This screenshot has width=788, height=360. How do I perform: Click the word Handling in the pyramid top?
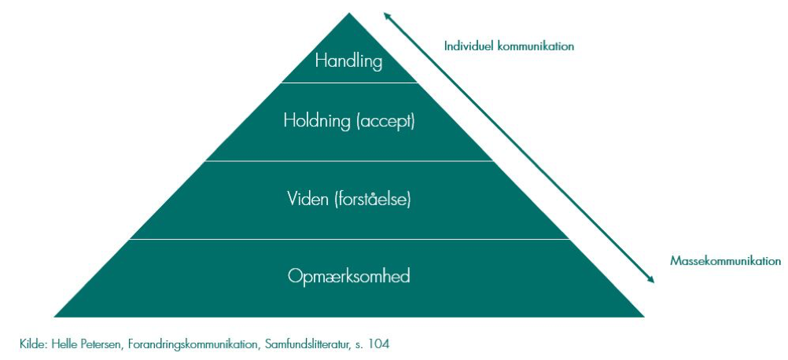tap(348, 62)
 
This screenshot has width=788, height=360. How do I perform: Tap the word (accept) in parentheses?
tap(385, 122)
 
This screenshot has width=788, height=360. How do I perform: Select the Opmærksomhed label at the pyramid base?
tap(348, 277)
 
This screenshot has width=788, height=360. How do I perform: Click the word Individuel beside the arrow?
tap(469, 46)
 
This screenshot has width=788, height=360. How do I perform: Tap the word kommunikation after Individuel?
tap(536, 46)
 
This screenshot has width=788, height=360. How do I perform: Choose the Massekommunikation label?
tap(726, 261)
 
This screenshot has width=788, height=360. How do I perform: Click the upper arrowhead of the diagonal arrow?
tap(386, 15)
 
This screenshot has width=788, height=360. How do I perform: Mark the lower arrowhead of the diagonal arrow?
tap(652, 281)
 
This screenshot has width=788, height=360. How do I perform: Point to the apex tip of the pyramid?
tap(349, 13)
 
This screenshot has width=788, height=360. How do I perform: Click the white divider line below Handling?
tap(349, 83)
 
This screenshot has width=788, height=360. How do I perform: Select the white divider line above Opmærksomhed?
tap(349, 239)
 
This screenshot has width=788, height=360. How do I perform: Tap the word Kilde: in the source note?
tap(34, 344)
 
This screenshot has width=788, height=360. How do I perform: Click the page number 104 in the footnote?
tap(379, 344)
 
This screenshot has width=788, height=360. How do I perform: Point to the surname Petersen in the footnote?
tap(101, 344)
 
